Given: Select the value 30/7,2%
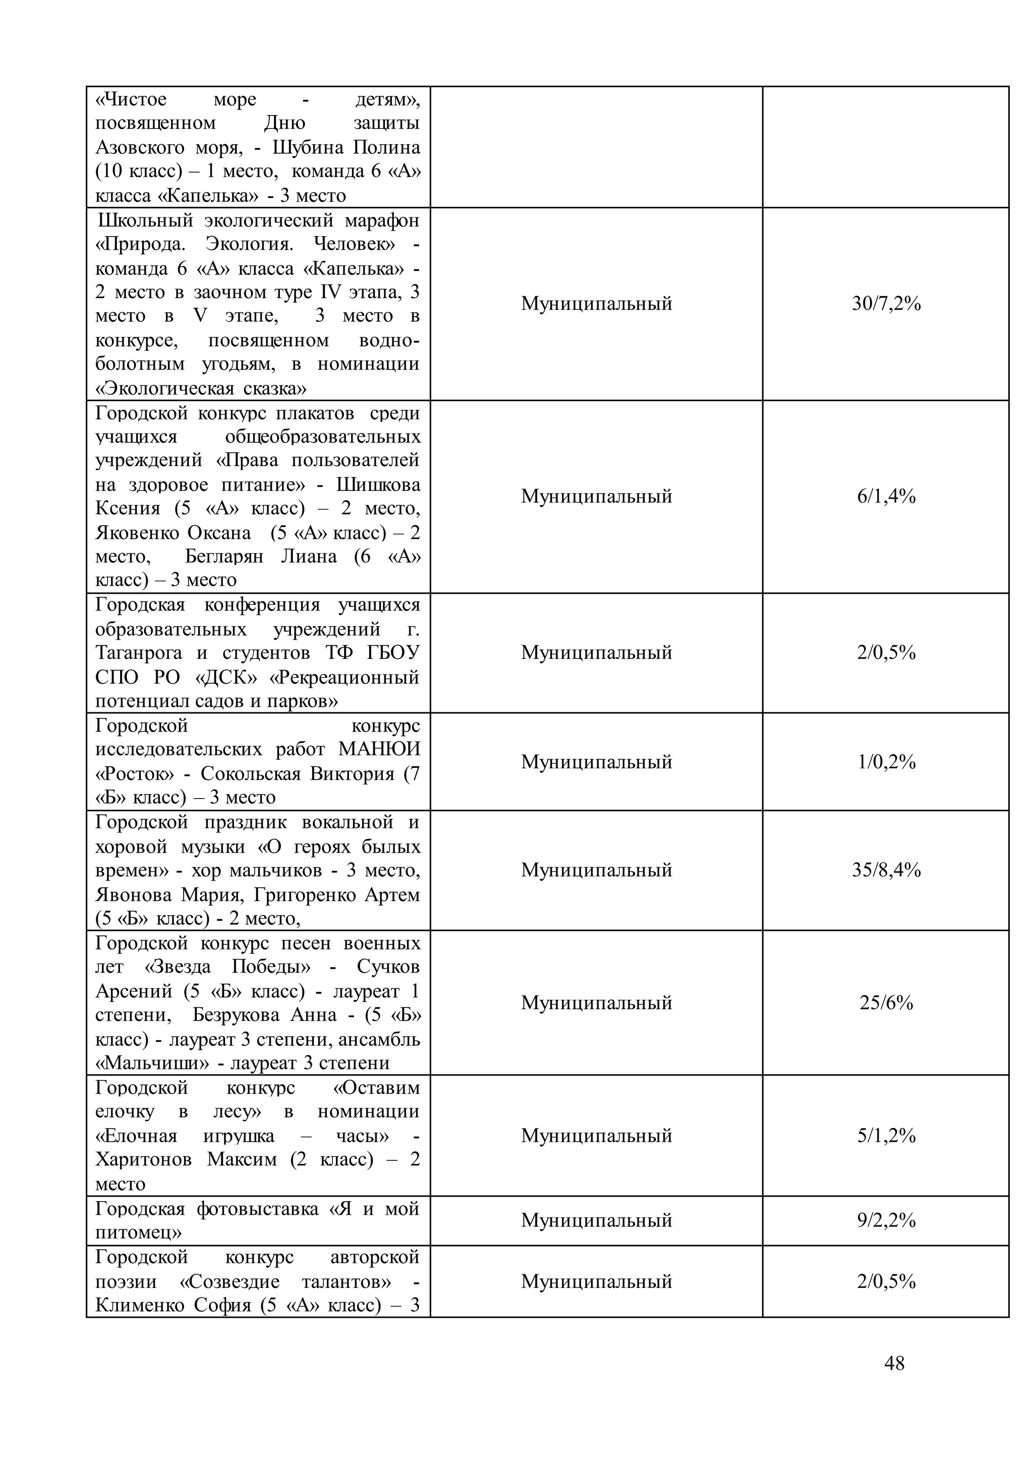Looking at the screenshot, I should click(886, 304).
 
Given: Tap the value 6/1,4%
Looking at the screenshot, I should click(886, 496).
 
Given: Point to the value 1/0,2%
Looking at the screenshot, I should click(886, 762).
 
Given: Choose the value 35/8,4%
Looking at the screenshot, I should click(886, 870).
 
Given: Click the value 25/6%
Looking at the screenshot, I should click(886, 1003).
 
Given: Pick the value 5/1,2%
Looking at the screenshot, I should click(886, 1136).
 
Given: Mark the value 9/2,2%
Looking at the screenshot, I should click(886, 1220).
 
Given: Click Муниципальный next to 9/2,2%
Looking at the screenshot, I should click(596, 1220).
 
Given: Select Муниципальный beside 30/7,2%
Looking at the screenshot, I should click(596, 304).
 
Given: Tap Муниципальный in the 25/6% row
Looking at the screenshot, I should click(596, 1003).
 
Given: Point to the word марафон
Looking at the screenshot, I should click(382, 220).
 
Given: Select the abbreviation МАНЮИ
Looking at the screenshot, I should click(379, 750).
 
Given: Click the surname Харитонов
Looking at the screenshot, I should click(143, 1159).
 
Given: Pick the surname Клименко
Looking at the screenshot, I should click(140, 1305).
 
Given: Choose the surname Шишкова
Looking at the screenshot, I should click(378, 485).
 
